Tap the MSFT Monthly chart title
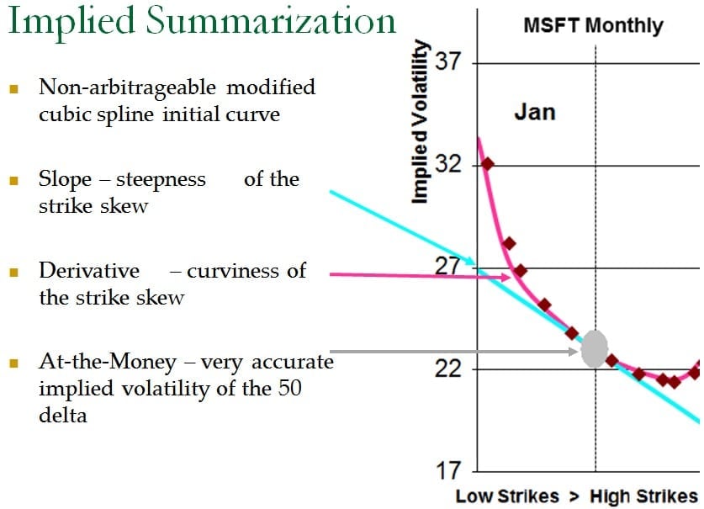(x=592, y=24)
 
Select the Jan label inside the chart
(x=534, y=112)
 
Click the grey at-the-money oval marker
(x=595, y=348)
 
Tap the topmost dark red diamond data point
(x=487, y=164)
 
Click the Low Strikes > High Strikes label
(x=576, y=495)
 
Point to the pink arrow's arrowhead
(x=506, y=277)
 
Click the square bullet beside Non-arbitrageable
(x=13, y=88)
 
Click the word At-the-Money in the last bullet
(x=108, y=363)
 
